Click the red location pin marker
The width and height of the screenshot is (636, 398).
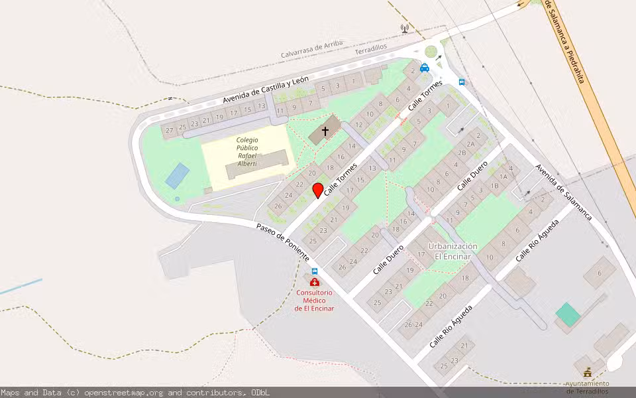tap(318, 190)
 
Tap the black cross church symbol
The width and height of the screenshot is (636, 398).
tap(325, 131)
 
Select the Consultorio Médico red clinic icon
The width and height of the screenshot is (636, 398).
tap(314, 282)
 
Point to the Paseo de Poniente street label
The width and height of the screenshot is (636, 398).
tap(282, 241)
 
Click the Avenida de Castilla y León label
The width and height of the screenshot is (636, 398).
tap(265, 90)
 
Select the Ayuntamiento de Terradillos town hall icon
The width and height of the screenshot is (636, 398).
tap(587, 372)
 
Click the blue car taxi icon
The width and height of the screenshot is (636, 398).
tap(424, 67)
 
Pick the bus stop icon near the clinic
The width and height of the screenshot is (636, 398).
tap(315, 271)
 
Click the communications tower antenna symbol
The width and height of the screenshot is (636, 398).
tap(404, 29)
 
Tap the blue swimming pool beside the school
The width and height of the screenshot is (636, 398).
tap(177, 176)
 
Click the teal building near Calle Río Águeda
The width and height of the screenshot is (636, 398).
tap(567, 314)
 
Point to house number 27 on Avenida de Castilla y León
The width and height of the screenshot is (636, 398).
tap(170, 130)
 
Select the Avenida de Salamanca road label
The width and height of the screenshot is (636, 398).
tap(563, 192)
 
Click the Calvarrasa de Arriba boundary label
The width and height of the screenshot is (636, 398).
tap(311, 50)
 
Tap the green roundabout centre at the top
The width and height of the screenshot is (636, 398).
tap(432, 51)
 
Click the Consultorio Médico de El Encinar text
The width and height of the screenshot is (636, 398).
tap(314, 300)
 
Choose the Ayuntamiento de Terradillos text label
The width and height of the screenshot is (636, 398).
tap(587, 387)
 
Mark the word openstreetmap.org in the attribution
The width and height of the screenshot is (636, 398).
tap(126, 393)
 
